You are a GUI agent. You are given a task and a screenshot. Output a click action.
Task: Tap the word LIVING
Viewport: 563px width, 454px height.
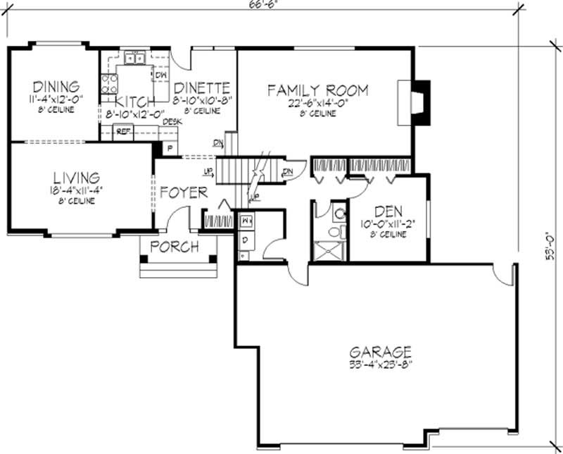[74, 177]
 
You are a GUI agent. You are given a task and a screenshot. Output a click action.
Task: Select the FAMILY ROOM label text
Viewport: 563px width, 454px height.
[317, 90]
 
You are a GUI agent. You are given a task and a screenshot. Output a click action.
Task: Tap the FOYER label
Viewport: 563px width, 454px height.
[183, 192]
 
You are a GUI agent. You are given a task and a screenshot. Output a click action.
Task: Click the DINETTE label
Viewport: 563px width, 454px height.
[202, 87]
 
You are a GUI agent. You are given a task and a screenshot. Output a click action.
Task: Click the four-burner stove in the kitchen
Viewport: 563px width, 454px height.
[109, 85]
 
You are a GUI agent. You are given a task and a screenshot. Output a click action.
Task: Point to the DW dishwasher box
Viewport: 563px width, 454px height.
[160, 75]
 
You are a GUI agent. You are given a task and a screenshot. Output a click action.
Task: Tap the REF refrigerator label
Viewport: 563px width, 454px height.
[123, 131]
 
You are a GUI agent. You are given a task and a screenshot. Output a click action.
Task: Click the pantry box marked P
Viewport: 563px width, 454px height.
[169, 148]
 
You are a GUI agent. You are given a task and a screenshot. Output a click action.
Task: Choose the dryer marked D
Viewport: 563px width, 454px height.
[246, 241]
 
